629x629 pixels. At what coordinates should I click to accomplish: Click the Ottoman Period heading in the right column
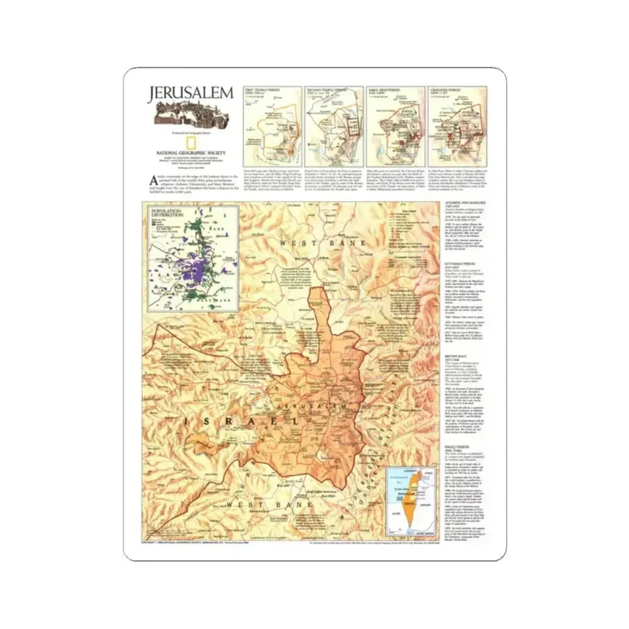click(457, 265)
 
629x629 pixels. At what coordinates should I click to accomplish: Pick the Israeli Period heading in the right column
click(457, 448)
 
